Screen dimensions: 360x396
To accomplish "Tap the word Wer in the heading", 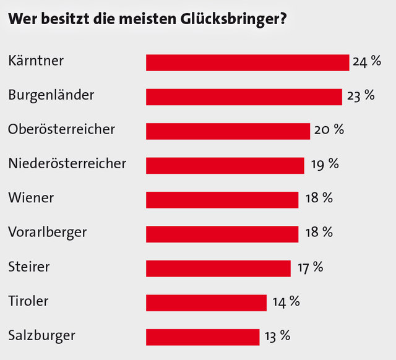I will (22, 19).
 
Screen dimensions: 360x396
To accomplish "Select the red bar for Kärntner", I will (247, 62).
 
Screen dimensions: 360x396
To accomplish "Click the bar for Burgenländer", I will (244, 96).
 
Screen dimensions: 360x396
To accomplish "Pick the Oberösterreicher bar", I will (228, 131).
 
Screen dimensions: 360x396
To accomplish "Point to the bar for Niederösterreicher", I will (225, 165).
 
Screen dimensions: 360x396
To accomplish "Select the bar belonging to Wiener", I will (222, 199).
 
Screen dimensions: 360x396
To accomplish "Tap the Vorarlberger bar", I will (222, 233).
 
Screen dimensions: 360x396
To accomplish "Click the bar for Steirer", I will (218, 268).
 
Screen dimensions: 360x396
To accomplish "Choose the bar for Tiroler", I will (206, 302).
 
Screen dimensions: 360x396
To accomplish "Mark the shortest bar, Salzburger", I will (202, 336).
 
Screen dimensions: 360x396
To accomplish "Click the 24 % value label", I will (366, 61).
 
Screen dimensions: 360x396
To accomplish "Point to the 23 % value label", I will (360, 95).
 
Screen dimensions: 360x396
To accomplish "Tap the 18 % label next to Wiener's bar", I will (319, 198).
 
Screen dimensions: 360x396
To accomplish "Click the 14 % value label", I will (285, 301).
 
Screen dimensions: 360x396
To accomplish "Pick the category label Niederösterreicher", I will (67, 164).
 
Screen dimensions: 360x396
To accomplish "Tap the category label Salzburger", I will (42, 336).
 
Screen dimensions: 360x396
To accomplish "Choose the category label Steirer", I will (29, 267).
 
